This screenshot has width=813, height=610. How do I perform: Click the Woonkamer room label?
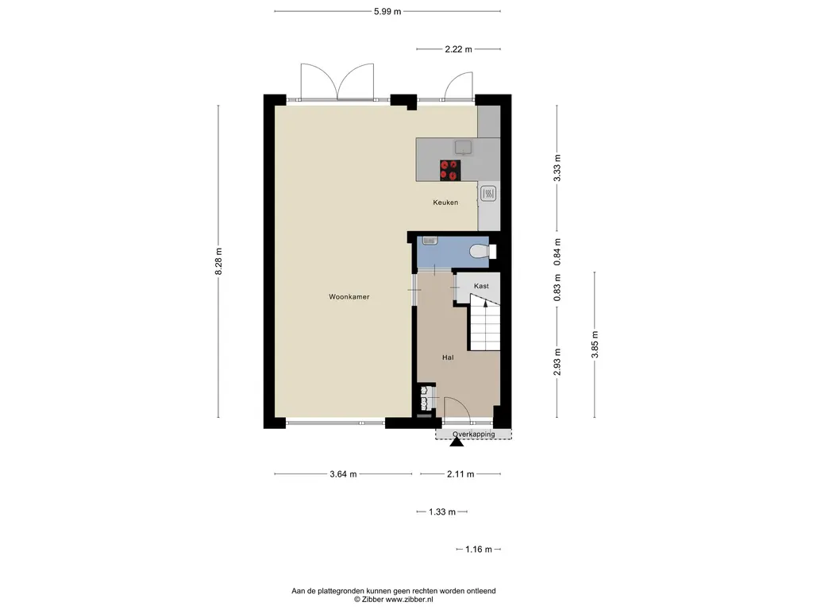(349, 297)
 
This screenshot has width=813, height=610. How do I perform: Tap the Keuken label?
(445, 203)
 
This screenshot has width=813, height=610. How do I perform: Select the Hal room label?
(448, 357)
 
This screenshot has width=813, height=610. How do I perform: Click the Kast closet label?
(481, 286)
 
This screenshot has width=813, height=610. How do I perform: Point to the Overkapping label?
(473, 434)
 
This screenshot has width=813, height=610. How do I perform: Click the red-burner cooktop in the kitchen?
(450, 170)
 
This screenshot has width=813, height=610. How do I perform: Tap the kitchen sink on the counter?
(464, 148)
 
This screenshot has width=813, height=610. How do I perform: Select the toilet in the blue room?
(483, 252)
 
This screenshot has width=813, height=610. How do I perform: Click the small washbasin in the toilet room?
(430, 240)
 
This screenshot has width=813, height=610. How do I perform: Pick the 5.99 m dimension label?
(387, 11)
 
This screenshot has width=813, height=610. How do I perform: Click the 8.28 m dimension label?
(218, 261)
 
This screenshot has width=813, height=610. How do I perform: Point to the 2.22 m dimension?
(458, 49)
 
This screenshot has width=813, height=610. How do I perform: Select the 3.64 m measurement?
(343, 474)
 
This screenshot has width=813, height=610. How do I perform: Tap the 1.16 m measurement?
(479, 550)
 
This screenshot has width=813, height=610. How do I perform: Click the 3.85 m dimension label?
(595, 345)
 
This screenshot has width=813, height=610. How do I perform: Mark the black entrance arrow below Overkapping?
(457, 442)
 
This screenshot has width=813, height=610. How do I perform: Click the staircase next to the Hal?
(485, 322)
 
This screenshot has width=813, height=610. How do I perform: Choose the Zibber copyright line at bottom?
(394, 599)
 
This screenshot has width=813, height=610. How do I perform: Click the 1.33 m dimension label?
(441, 512)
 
